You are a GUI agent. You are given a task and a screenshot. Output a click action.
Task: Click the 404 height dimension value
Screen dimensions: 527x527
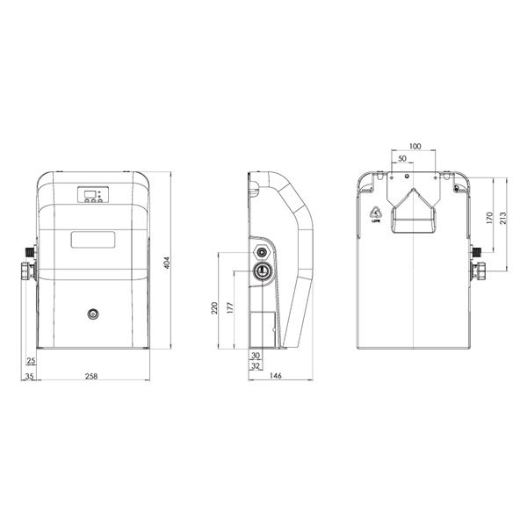pos(166,263)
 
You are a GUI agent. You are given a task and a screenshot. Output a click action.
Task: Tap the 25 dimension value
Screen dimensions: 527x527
pos(31,361)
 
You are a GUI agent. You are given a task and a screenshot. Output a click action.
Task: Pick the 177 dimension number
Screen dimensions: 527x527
pos(229,308)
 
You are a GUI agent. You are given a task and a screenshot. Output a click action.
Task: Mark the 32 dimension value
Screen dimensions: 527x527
pos(256,366)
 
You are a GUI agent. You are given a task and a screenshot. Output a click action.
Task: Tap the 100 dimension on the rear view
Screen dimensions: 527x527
pos(415,146)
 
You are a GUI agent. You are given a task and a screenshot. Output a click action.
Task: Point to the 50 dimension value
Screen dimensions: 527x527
pos(402,159)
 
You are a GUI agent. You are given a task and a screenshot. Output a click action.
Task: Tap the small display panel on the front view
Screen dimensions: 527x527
pos(92,195)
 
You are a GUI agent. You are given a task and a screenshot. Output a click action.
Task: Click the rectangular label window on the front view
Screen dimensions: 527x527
pos(92,239)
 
